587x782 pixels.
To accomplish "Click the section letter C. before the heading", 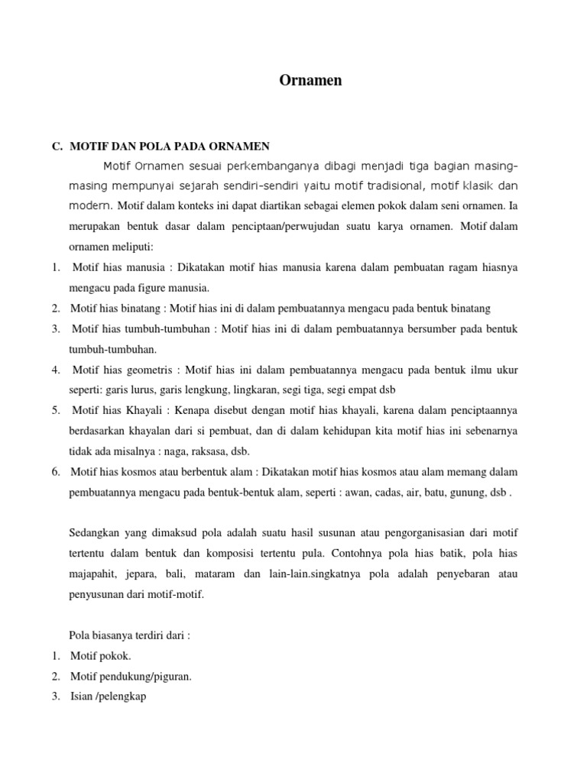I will point(57,146).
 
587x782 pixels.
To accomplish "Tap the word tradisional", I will point(382,186).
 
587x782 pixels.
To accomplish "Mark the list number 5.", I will point(56,410).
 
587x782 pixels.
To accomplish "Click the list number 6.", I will point(56,471).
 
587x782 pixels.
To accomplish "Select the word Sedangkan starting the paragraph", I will point(96,532).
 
